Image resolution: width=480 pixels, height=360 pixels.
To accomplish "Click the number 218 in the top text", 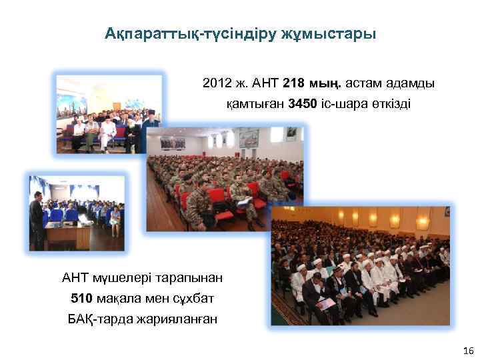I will coord(294,85).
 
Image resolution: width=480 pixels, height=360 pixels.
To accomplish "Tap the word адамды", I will coord(413,85).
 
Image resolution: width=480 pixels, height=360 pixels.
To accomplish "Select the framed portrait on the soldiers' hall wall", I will coord(248,138).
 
